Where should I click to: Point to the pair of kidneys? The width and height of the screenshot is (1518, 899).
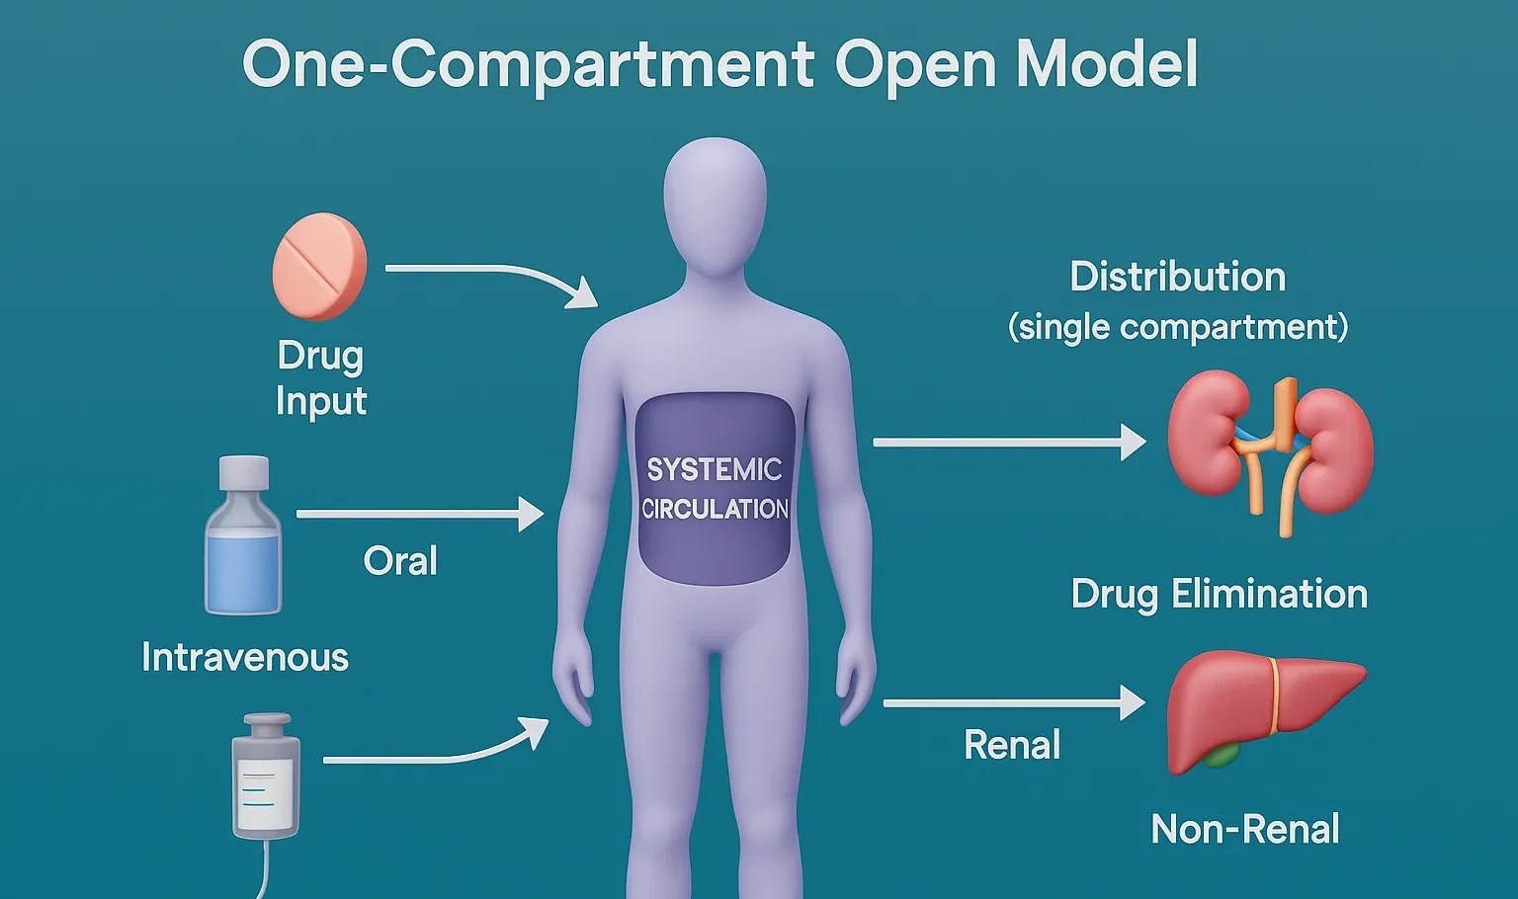(x=1271, y=449)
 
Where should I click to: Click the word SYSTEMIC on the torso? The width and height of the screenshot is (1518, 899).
(x=714, y=469)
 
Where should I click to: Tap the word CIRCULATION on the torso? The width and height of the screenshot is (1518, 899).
(x=715, y=509)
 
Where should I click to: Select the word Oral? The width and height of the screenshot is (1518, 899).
(x=400, y=561)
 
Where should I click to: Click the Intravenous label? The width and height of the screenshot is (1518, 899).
(x=245, y=657)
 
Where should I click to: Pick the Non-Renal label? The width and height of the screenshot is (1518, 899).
(x=1245, y=829)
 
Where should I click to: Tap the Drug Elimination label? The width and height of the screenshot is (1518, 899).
(x=1219, y=594)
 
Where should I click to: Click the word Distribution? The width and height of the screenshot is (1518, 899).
(x=1177, y=277)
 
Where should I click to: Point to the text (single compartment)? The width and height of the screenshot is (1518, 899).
(x=1178, y=327)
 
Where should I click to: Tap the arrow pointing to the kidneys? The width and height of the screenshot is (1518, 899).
(x=1008, y=443)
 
